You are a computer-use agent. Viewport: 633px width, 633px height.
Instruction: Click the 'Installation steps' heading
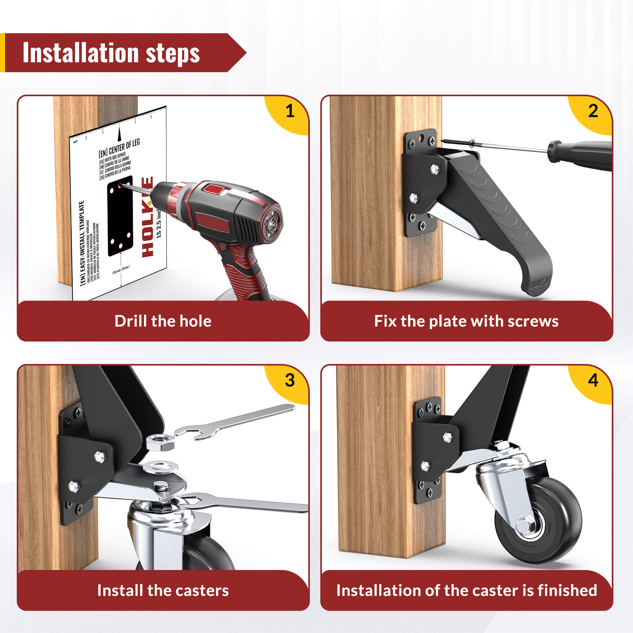coord(111,53)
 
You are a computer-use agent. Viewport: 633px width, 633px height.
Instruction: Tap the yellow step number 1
coord(290,111)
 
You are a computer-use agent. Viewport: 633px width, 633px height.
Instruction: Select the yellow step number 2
coord(593,111)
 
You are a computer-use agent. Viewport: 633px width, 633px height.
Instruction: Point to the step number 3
coord(290,380)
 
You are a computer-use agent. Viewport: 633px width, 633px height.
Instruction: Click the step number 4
coord(593,380)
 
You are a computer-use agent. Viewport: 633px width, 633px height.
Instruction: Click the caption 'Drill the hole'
coord(163,321)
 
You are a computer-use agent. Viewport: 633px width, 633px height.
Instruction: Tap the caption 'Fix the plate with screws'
coord(466,321)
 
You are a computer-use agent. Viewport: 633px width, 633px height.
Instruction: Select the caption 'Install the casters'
coord(163,590)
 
